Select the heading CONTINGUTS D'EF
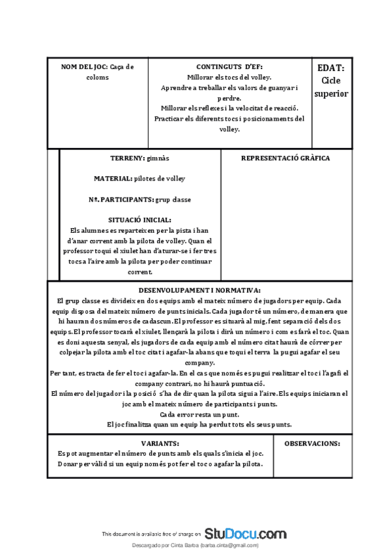click(x=229, y=67)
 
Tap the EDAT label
click(x=331, y=67)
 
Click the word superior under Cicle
click(x=331, y=93)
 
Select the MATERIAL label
click(x=113, y=178)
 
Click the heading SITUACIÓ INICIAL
click(x=140, y=220)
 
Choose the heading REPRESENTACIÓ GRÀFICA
click(x=285, y=158)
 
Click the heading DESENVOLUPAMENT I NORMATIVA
click(x=200, y=290)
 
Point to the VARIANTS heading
click(x=160, y=443)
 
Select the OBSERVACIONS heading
click(x=312, y=443)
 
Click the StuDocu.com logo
click(x=245, y=532)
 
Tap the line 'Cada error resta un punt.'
click(x=199, y=414)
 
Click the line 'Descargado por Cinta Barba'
click(x=195, y=545)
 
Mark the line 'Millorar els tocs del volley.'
click(x=229, y=77)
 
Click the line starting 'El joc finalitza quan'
click(x=199, y=425)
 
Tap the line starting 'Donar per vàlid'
click(x=160, y=464)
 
